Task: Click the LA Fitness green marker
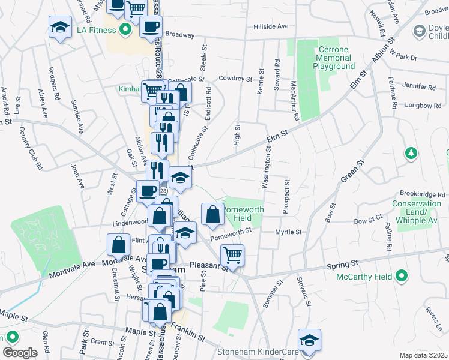(x=125, y=28)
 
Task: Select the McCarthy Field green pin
(x=403, y=277)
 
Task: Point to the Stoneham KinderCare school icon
(x=309, y=340)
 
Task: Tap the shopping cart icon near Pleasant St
(x=232, y=255)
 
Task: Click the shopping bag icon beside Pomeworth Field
(x=213, y=214)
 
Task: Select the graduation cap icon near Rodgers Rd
(x=60, y=28)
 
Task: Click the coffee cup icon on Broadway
(x=151, y=26)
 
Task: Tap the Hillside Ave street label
(x=271, y=26)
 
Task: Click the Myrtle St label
(x=287, y=231)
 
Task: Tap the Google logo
(x=20, y=353)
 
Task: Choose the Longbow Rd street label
(x=423, y=106)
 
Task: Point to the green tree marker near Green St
(x=411, y=154)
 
